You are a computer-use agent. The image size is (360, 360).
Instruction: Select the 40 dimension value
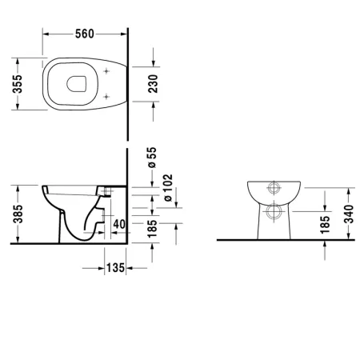coord(118,224)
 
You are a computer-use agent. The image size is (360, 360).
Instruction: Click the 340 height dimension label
coord(346,214)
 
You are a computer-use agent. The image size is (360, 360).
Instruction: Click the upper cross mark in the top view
coord(107,72)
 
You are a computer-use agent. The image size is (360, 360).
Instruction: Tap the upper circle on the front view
coord(274,190)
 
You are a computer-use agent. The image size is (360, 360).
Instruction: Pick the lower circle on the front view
coord(274,213)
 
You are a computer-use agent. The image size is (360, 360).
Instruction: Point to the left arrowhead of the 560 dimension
coord(45,34)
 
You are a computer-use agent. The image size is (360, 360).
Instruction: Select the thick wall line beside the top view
coord(129,80)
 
